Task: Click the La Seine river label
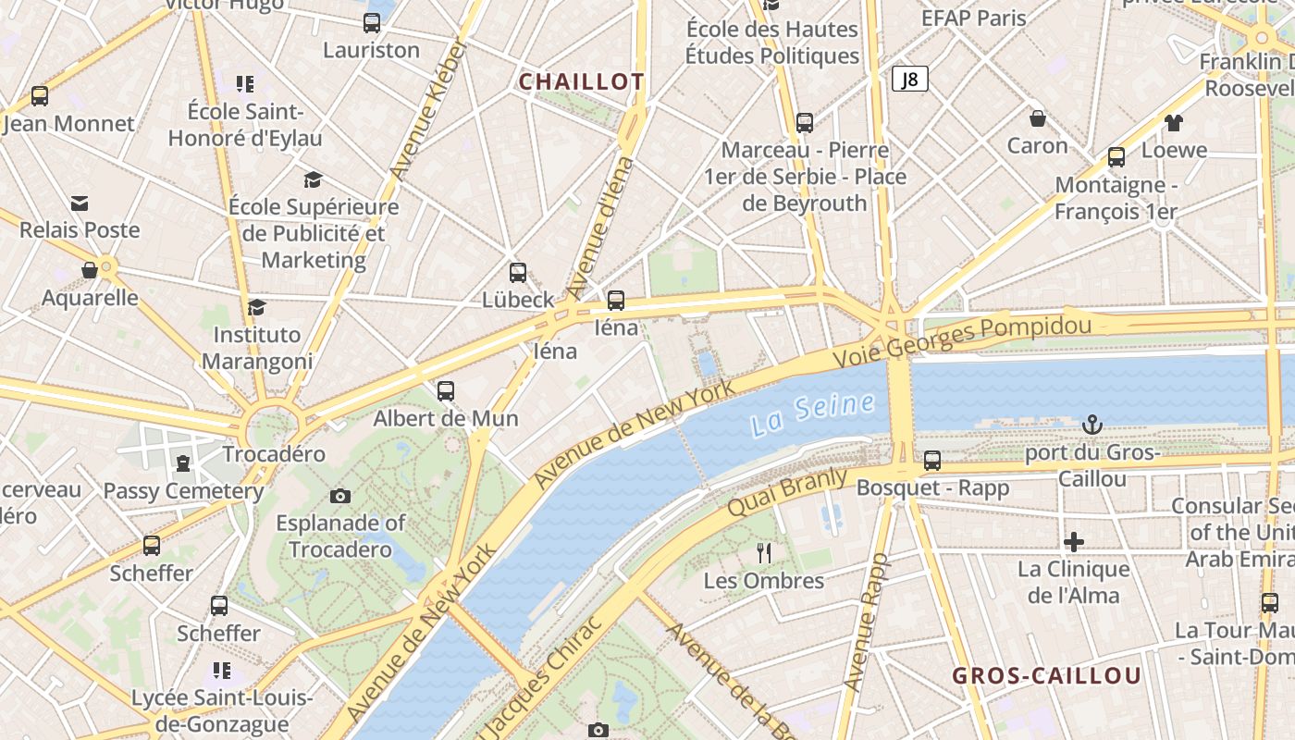click(812, 413)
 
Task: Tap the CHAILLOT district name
click(581, 81)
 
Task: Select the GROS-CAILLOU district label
click(1047, 675)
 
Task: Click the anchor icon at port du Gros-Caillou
click(1092, 425)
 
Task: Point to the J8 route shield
click(909, 79)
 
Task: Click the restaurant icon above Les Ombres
click(764, 553)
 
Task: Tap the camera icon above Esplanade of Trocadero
click(340, 496)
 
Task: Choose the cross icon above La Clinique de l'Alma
click(1074, 541)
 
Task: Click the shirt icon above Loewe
click(1174, 122)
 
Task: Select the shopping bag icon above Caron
click(1038, 118)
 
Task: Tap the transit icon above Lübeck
click(518, 273)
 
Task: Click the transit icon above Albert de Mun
click(446, 391)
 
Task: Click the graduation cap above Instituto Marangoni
click(257, 307)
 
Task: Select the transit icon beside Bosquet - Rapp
click(932, 460)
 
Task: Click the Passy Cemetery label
click(183, 491)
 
